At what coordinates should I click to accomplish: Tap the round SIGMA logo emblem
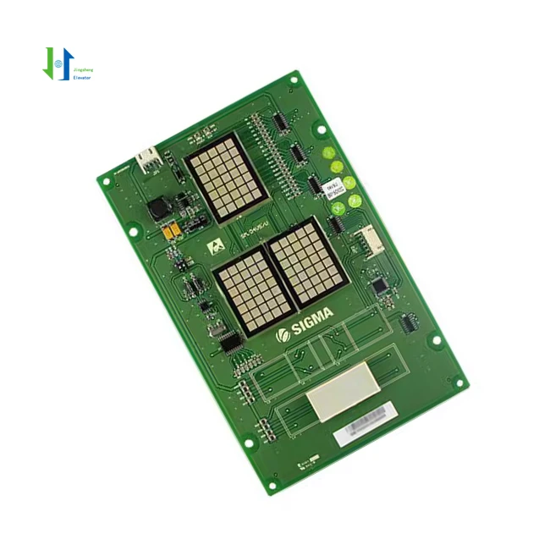pyautogui.click(x=283, y=336)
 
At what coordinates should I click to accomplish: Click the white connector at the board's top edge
pyautogui.click(x=147, y=158)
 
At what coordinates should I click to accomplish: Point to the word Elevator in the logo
pyautogui.click(x=82, y=77)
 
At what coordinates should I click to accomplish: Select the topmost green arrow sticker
pyautogui.click(x=329, y=154)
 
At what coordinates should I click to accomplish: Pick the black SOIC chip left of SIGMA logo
pyautogui.click(x=231, y=343)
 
